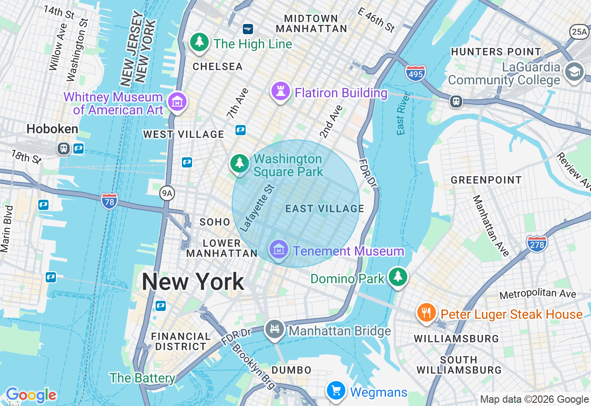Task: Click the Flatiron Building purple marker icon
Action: click(x=280, y=91)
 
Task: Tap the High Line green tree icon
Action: click(x=199, y=42)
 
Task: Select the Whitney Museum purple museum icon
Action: click(x=177, y=101)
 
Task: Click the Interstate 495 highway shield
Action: click(x=416, y=73)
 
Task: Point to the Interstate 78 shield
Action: click(x=109, y=201)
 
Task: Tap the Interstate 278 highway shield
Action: click(x=537, y=243)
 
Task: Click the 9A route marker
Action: click(x=167, y=193)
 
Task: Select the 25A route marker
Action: click(x=579, y=31)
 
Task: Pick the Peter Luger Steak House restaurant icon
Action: click(x=426, y=313)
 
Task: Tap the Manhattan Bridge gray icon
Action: click(x=275, y=329)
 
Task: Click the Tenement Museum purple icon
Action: click(x=278, y=250)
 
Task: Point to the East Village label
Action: click(x=325, y=209)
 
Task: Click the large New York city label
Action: click(x=193, y=281)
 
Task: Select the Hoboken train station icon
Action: click(x=64, y=149)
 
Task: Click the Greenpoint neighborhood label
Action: click(x=486, y=180)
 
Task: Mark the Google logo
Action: click(x=31, y=395)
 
